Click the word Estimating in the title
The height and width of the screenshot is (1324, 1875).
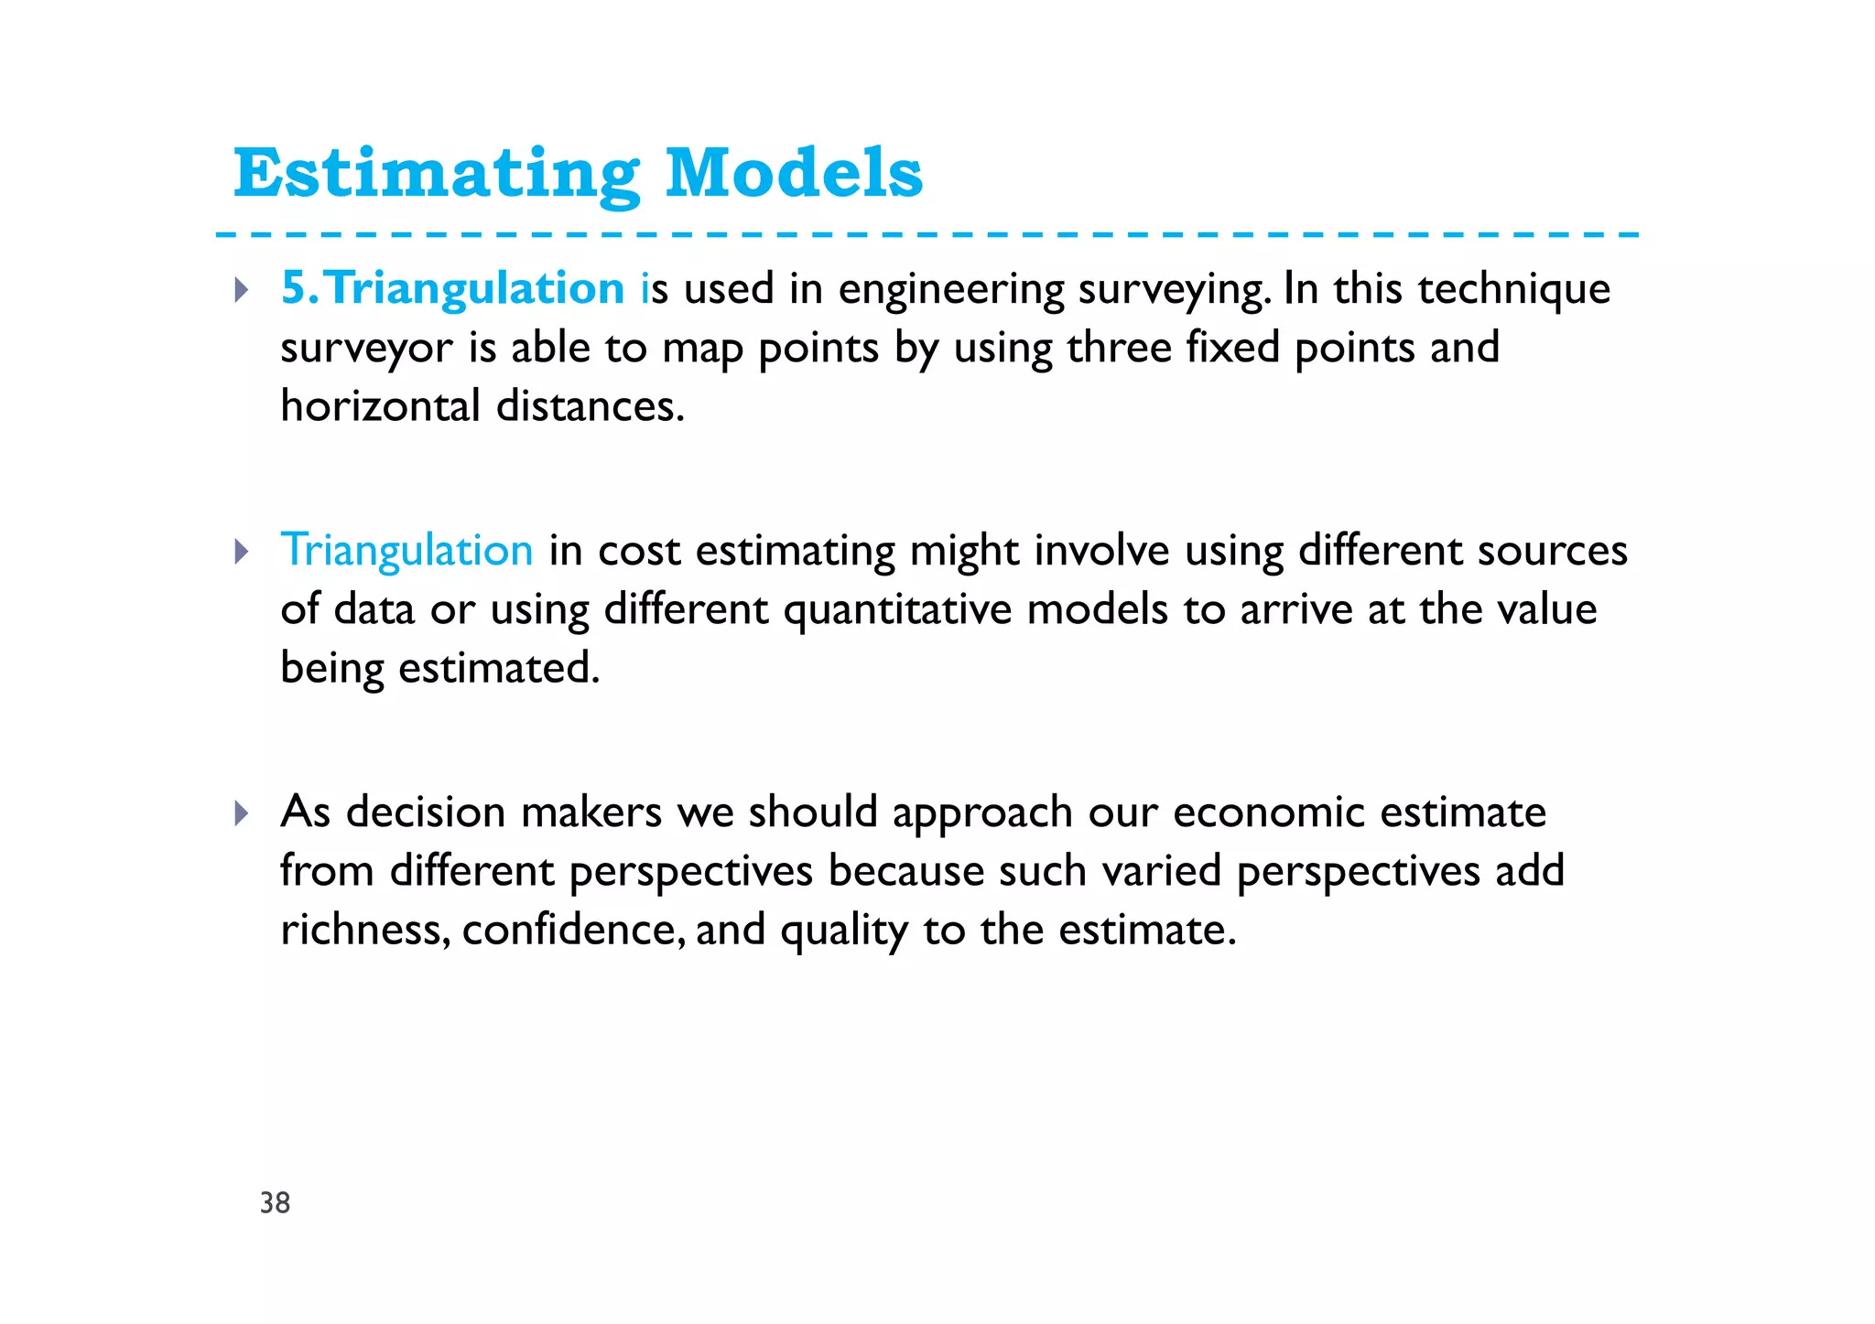coord(436,174)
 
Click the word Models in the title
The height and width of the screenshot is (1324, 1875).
coord(793,174)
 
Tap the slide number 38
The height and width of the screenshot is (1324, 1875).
coord(275,1202)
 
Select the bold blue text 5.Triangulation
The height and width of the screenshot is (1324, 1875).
coord(453,288)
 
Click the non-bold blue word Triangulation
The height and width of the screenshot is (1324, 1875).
coord(406,550)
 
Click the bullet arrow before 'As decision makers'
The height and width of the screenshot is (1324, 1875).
coord(241,813)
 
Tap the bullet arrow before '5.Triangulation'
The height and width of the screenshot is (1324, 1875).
coord(241,290)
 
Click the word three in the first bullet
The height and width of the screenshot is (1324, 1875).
coord(1119,348)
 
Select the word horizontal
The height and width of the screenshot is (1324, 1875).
coord(380,406)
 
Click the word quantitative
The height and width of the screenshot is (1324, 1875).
coord(897,610)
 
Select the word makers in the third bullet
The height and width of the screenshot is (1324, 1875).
coord(591,813)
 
